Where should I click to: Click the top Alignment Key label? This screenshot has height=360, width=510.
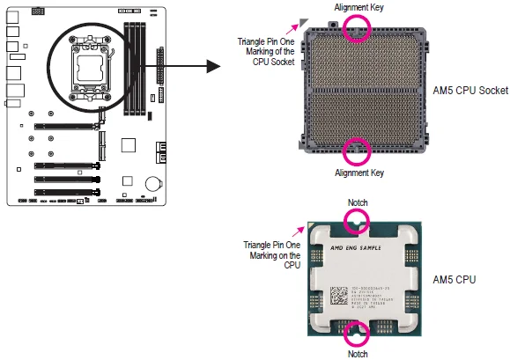[358, 7]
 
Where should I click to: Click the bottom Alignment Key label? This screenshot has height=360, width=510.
[358, 173]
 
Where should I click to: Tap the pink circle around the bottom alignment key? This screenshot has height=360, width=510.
[357, 151]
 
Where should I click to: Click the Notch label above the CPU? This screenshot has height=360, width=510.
[358, 202]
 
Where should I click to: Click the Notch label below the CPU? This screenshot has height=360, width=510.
[358, 354]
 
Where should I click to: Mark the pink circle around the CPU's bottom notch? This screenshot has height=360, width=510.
[357, 334]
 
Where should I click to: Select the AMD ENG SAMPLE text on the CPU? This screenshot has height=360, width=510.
[357, 249]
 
